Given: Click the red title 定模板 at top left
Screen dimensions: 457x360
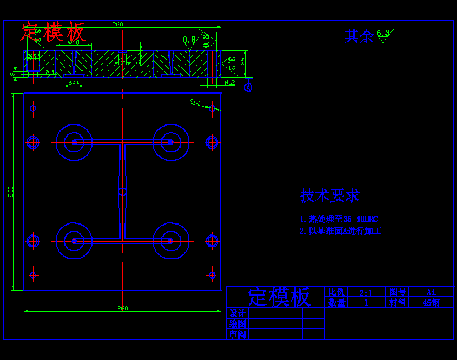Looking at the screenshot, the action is pos(53,32).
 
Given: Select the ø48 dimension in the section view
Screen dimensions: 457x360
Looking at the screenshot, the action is pos(73,42).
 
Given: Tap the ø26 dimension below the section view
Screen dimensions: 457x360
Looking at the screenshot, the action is pos(74,83).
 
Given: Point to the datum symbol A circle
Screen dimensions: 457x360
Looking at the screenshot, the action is pos(248,87).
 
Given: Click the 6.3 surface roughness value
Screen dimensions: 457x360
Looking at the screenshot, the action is pos(383,33).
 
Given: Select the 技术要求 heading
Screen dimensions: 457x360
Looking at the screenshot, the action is pos(329,195).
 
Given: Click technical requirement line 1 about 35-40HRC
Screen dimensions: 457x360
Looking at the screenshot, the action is pos(339,219).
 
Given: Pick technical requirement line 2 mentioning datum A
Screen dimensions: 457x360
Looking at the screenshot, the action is pos(340,231).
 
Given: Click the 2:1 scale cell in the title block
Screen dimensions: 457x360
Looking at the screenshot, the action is pos(366,292).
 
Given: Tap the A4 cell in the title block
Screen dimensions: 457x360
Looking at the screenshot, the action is pos(431,292).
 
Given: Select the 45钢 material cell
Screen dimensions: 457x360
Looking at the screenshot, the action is pos(431,303).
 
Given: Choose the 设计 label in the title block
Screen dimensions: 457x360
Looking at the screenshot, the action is pos(237,313).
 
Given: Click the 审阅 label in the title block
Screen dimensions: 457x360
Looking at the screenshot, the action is pos(237,334).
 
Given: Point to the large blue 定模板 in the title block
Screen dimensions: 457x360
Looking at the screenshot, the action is pos(279,297).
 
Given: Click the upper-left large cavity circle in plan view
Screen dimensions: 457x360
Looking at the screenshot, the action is pos(74,142).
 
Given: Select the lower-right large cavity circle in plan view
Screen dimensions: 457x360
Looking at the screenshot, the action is pos(171,241).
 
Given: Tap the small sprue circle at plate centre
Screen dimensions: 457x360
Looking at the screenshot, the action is pos(122,192).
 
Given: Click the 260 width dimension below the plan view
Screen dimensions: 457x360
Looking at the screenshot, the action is pos(122,308).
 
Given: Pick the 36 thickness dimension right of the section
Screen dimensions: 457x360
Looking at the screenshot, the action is pos(243,61).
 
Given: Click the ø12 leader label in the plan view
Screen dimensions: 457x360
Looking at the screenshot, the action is pos(195,101).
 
